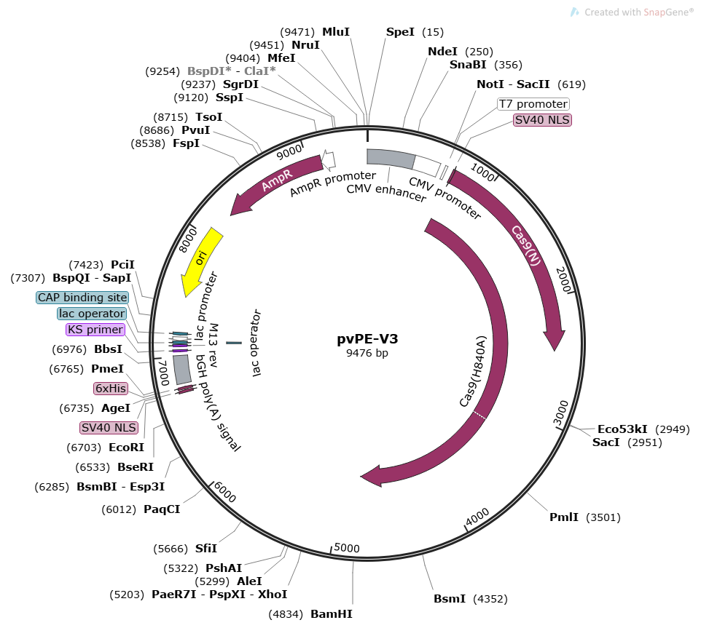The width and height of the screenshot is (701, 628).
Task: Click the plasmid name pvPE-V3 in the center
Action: (x=367, y=338)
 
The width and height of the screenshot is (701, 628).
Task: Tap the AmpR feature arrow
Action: (x=275, y=186)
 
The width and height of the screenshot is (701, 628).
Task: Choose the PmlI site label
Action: (x=564, y=517)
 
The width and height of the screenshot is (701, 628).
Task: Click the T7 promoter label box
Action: (x=533, y=104)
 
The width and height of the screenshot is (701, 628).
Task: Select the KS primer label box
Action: (x=95, y=330)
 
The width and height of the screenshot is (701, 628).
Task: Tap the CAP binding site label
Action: (x=82, y=298)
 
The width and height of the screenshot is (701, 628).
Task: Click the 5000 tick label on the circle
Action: (x=347, y=548)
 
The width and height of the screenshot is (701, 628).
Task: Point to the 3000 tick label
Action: (x=560, y=415)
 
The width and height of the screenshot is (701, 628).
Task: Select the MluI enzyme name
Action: (x=336, y=32)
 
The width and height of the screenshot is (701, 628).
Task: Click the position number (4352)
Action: (x=490, y=600)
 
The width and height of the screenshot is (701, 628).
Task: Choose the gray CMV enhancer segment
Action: (x=390, y=158)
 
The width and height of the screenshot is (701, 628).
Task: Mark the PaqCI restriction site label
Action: (x=162, y=509)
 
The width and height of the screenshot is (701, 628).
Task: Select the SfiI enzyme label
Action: (x=206, y=549)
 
